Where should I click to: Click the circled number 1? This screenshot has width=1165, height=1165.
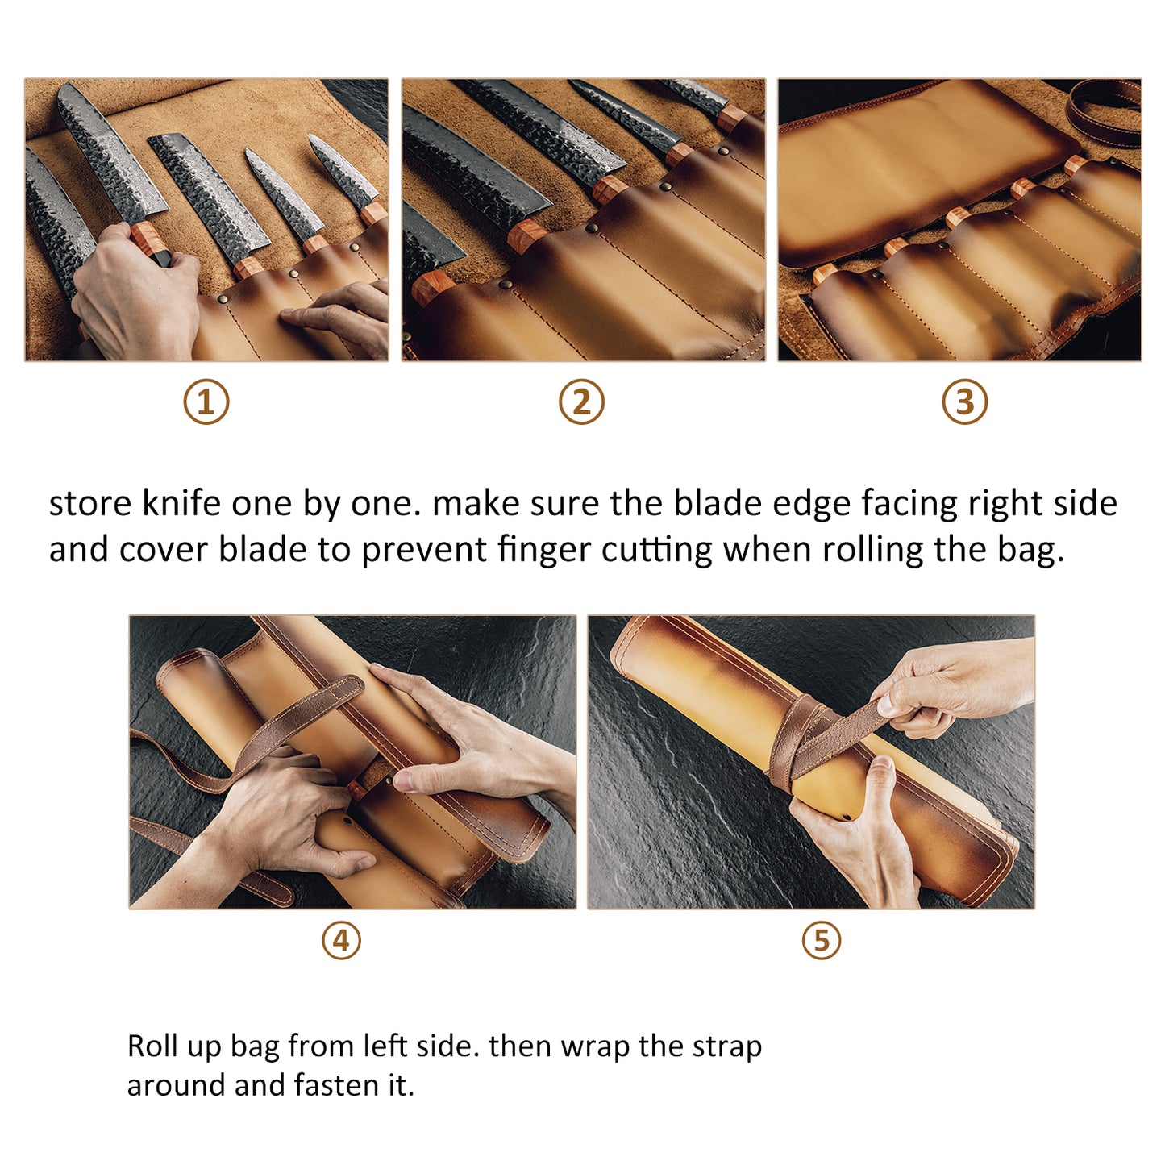[206, 402]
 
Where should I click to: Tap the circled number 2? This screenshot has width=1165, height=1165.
[581, 402]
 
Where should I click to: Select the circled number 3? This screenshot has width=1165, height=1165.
[965, 402]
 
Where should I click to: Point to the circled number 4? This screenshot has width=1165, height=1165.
[341, 941]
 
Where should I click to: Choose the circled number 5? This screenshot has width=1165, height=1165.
[822, 941]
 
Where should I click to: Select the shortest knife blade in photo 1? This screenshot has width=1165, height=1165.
[339, 169]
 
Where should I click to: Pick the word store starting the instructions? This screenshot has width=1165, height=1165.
[90, 503]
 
